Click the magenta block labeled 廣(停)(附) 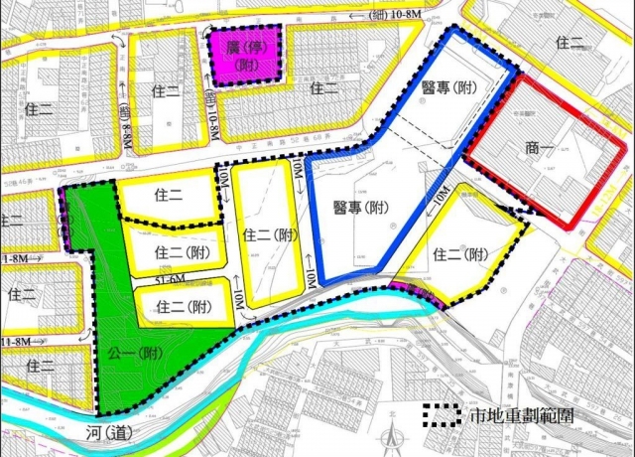(243, 56)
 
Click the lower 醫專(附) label (360, 209)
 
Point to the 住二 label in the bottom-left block (41, 366)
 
